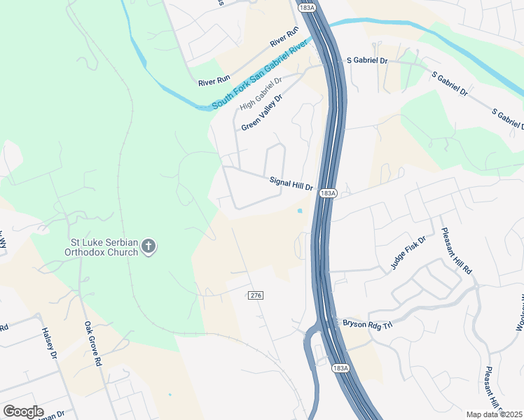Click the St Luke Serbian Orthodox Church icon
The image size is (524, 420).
(x=148, y=246)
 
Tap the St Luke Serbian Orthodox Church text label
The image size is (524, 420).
(x=101, y=246)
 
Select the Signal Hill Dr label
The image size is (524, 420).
(x=291, y=182)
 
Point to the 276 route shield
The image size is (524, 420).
(x=255, y=296)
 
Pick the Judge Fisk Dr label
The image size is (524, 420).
(x=408, y=254)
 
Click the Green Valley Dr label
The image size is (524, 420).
(x=261, y=113)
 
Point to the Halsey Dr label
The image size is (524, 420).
(x=48, y=343)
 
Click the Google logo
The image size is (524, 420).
(x=23, y=412)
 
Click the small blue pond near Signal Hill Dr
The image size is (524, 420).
(x=300, y=210)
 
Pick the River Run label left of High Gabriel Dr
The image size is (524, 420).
(x=214, y=82)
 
